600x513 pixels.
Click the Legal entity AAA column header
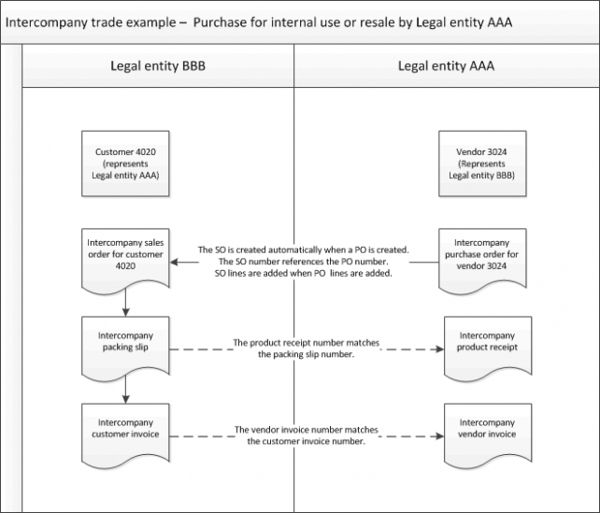[x=446, y=66]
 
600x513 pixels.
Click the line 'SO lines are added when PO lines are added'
[x=304, y=275]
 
